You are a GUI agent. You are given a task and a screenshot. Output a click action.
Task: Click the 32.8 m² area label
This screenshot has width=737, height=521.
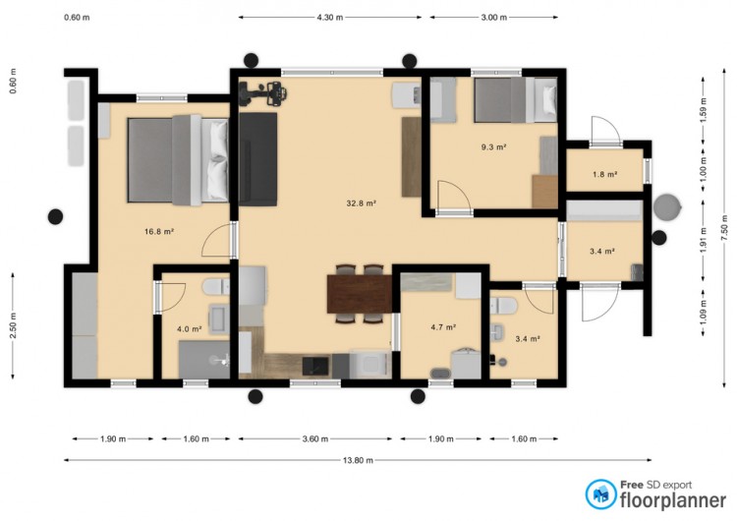pyautogui.click(x=362, y=203)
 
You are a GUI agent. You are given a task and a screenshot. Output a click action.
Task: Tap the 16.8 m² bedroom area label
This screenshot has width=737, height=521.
pyautogui.click(x=159, y=231)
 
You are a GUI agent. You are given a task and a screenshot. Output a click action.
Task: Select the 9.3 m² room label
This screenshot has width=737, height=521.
pyautogui.click(x=493, y=147)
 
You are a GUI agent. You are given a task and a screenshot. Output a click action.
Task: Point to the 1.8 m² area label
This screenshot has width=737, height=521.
pyautogui.click(x=605, y=174)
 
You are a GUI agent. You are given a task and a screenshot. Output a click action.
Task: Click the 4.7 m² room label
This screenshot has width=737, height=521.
pyautogui.click(x=443, y=327)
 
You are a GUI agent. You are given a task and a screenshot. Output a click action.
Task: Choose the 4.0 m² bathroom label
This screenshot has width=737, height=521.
pyautogui.click(x=190, y=329)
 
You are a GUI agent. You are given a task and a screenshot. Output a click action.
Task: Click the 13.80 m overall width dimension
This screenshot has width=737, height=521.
pyautogui.click(x=358, y=460)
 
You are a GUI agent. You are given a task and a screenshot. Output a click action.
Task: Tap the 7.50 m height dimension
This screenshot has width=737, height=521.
pyautogui.click(x=724, y=228)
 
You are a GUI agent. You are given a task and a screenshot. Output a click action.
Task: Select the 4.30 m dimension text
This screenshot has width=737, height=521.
pyautogui.click(x=330, y=18)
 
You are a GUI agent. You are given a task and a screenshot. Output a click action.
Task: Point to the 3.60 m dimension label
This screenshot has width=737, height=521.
pyautogui.click(x=314, y=439)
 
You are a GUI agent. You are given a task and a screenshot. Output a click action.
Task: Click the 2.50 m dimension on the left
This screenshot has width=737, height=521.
pyautogui.click(x=13, y=325)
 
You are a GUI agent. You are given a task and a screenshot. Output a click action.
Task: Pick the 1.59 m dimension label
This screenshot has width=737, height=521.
pyautogui.click(x=704, y=110)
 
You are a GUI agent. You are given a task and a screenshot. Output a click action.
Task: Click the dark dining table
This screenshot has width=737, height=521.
pyautogui.click(x=360, y=294)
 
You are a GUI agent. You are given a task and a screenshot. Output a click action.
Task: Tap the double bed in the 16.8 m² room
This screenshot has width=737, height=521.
pyautogui.click(x=178, y=160)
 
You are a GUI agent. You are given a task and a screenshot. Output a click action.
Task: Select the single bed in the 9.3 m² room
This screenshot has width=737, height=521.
pyautogui.click(x=515, y=100)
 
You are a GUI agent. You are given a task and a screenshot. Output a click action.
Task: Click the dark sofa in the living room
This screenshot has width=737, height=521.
pyautogui.click(x=257, y=159)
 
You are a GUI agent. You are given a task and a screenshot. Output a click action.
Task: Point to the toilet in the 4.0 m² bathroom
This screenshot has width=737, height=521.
pyautogui.click(x=216, y=286)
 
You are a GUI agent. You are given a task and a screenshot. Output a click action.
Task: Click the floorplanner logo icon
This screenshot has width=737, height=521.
pyautogui.click(x=600, y=494)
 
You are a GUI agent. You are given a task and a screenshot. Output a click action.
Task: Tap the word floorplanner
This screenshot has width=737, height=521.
pyautogui.click(x=673, y=500)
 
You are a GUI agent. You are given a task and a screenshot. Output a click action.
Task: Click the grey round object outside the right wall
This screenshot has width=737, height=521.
pyautogui.click(x=667, y=206)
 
